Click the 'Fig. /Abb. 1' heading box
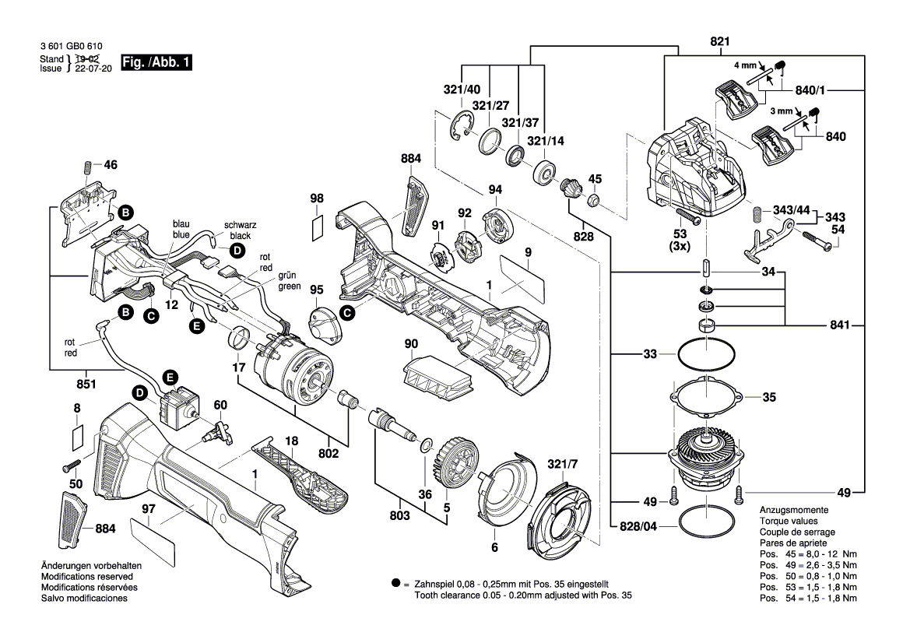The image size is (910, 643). click(x=156, y=62)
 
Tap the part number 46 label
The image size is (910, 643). click(x=111, y=165)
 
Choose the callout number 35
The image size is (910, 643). click(x=769, y=397)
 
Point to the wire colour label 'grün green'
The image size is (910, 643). click(x=290, y=281)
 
